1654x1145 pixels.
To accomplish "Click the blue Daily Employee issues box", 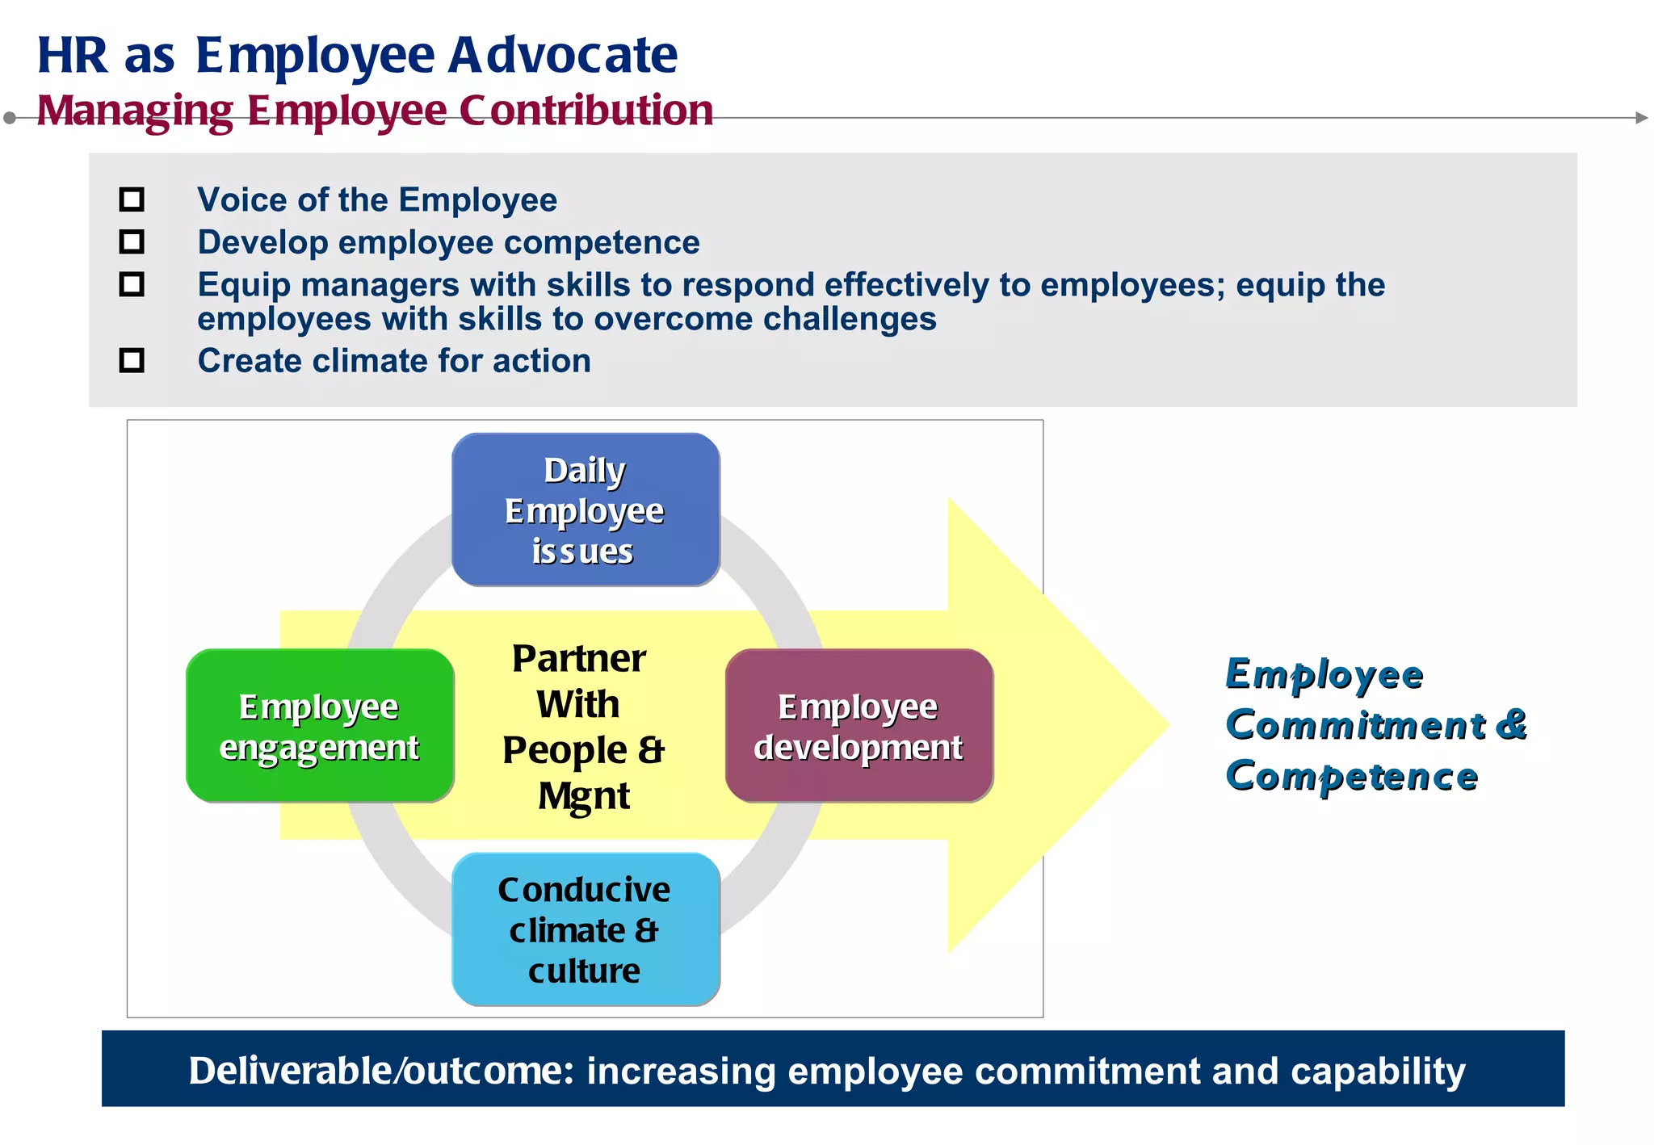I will tap(586, 510).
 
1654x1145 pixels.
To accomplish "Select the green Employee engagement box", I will tap(320, 726).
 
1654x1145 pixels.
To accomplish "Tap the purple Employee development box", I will tap(859, 726).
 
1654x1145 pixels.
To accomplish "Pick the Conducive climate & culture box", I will tap(586, 929).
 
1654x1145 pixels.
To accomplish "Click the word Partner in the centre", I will tap(579, 659).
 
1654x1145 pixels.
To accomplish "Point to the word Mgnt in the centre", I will tap(584, 796).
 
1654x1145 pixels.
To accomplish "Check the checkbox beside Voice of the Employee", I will tap(132, 199).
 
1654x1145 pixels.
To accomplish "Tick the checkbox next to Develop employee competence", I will tap(132, 241).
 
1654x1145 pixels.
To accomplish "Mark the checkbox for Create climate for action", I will tap(132, 360).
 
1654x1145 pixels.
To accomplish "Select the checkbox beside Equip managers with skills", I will tap(132, 284).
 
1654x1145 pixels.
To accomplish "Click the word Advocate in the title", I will tap(563, 55).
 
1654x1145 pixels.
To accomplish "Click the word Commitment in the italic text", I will tap(1355, 724).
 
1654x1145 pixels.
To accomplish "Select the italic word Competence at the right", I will tap(1351, 776).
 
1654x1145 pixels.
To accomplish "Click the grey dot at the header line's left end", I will tap(10, 118).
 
